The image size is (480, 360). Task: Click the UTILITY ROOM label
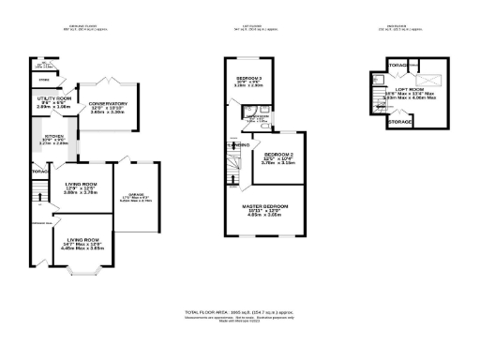click(54, 97)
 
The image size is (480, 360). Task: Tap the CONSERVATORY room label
click(101, 103)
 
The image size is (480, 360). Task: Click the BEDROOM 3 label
click(248, 77)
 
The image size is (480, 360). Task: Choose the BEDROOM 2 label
click(279, 154)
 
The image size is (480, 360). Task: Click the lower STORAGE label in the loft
click(400, 122)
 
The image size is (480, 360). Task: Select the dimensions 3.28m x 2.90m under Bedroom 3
click(248, 85)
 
